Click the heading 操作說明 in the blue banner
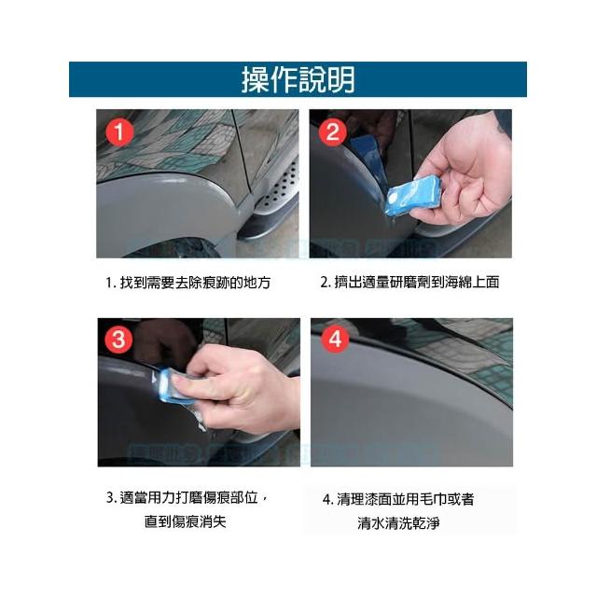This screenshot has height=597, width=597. [x=298, y=79]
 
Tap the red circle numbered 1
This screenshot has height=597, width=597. [x=119, y=132]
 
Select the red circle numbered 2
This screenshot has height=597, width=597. [x=332, y=132]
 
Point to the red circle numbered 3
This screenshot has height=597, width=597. [x=118, y=340]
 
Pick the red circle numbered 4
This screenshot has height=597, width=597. [x=335, y=339]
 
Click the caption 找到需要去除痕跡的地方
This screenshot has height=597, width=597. [x=195, y=283]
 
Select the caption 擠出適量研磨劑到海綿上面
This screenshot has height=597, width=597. [x=416, y=282]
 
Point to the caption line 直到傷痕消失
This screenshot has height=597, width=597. [x=185, y=521]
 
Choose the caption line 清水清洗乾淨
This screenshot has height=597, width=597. [x=398, y=522]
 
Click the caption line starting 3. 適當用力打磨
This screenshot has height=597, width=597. [x=187, y=497]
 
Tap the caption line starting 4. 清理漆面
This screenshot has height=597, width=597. [x=398, y=499]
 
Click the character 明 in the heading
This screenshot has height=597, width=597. [x=340, y=79]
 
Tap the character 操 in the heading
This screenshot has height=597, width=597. [x=256, y=79]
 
